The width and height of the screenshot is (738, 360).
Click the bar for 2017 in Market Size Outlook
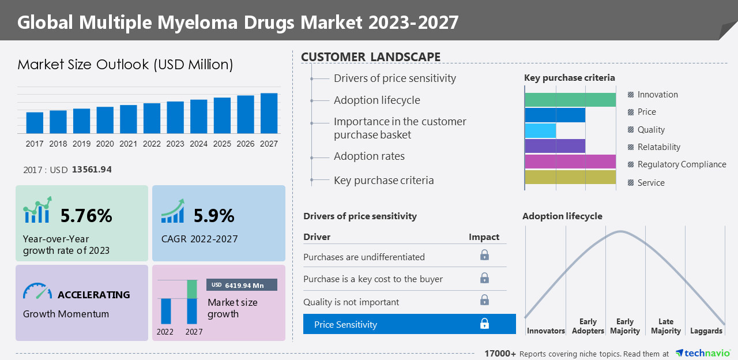(35, 123)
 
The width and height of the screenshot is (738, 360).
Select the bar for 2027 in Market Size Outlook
(269, 114)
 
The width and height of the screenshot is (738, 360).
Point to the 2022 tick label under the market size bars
(152, 144)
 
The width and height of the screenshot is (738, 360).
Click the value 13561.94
(92, 170)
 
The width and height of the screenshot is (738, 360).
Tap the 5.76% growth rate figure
(86, 216)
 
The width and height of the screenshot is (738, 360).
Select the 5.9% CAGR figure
(214, 216)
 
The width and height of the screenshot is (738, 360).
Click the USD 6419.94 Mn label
(242, 285)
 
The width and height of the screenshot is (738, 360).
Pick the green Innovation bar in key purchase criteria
(570, 100)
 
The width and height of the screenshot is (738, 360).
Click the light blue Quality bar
(540, 130)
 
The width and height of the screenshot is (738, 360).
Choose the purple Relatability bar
(555, 146)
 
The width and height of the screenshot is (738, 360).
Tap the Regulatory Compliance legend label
(681, 164)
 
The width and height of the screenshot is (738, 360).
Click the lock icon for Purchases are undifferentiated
(484, 255)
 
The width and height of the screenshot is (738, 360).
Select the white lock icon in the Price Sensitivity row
(484, 324)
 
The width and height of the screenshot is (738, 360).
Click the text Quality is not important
(351, 302)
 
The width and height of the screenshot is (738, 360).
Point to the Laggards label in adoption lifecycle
(706, 331)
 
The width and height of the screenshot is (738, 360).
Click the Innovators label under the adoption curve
(545, 331)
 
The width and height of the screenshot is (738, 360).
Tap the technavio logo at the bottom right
(703, 353)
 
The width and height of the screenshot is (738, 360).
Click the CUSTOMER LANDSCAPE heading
(371, 57)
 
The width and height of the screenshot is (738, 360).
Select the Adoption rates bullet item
(369, 156)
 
